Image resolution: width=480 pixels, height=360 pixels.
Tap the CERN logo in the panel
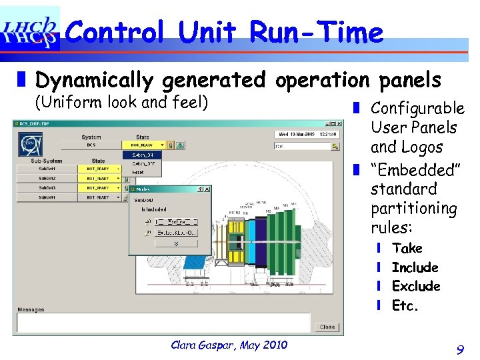pyautogui.click(x=30, y=143)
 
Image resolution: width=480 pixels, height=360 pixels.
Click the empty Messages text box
pyautogui.click(x=163, y=322)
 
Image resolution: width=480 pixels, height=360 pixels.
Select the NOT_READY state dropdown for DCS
pyautogui.click(x=140, y=145)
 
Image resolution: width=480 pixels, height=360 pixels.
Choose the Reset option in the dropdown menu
pyautogui.click(x=139, y=172)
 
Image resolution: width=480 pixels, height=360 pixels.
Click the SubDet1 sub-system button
pyautogui.click(x=47, y=169)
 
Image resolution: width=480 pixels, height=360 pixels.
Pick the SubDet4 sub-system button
pyautogui.click(x=47, y=198)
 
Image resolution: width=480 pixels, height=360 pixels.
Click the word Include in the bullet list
pyautogui.click(x=415, y=267)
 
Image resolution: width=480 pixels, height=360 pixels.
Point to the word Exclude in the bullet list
pyautogui.click(x=416, y=286)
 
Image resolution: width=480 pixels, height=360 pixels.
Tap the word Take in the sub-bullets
pyautogui.click(x=407, y=248)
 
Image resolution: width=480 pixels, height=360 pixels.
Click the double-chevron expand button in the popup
pyautogui.click(x=176, y=243)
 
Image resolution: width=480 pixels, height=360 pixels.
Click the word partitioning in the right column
pyautogui.click(x=413, y=209)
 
